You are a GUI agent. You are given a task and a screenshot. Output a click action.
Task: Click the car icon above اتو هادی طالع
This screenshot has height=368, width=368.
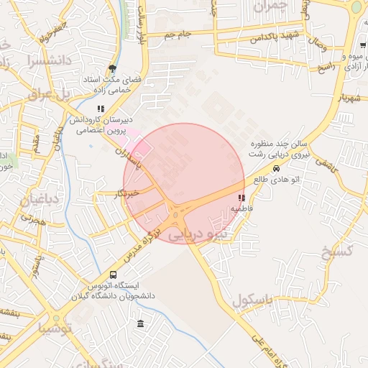click(276, 169)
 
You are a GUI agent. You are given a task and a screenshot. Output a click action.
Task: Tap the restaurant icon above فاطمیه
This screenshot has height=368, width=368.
click(241, 197)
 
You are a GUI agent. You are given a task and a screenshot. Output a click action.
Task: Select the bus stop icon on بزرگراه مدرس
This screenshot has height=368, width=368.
click(114, 275)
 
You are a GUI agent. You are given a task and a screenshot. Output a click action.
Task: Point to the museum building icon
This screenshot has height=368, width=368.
click(139, 323)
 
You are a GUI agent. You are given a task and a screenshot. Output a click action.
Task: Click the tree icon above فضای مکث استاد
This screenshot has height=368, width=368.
click(111, 69)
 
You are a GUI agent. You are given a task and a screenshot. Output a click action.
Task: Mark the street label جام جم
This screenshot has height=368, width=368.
click(176, 34)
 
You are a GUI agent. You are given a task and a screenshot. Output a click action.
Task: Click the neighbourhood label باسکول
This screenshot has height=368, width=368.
click(249, 300)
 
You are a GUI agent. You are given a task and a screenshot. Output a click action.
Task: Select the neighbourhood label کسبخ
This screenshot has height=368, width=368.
click(336, 251)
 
